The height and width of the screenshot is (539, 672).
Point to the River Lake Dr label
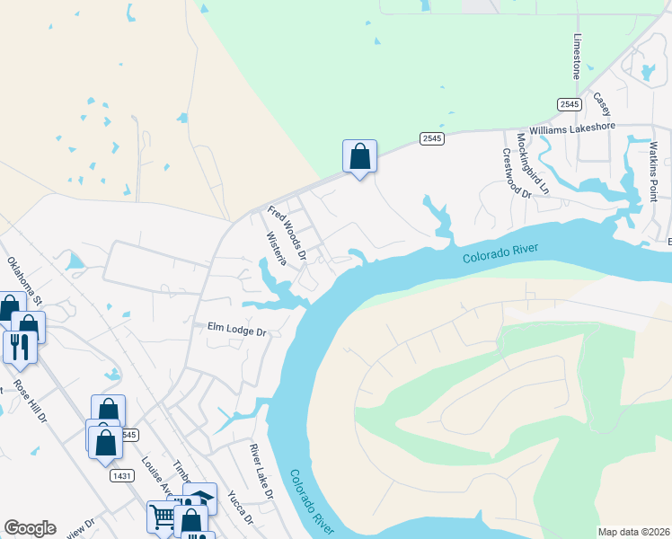pyautogui.click(x=261, y=472)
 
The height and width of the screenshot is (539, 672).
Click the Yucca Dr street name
pyautogui.click(x=240, y=508)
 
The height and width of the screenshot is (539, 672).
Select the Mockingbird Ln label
pyautogui.click(x=532, y=163)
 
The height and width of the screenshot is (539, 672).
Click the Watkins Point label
pyautogui.click(x=654, y=171)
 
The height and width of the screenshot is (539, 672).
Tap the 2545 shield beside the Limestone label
pyautogui.click(x=569, y=104)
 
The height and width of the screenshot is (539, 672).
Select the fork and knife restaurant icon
pyautogui.click(x=20, y=344)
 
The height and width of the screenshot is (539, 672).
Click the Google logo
pyautogui.click(x=30, y=527)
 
